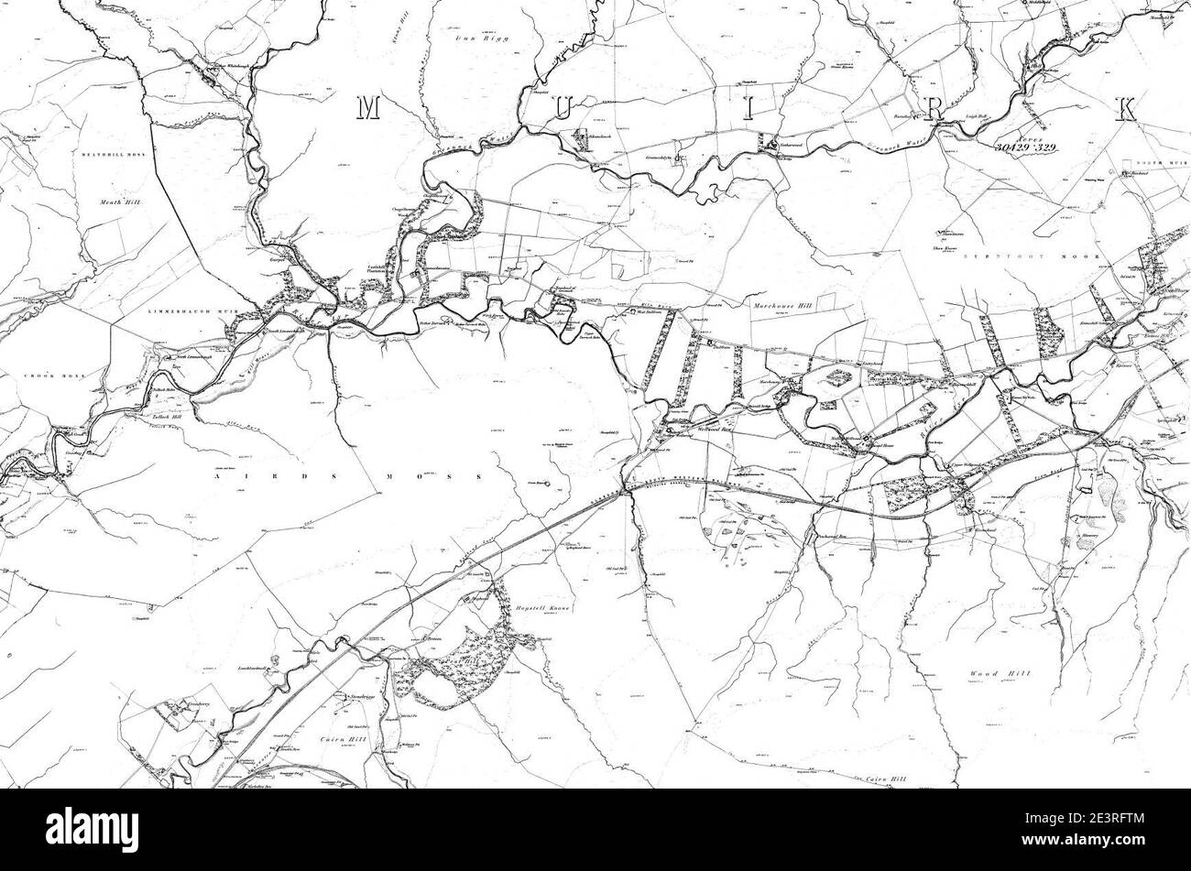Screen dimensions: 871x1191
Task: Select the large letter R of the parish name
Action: tap(934, 109)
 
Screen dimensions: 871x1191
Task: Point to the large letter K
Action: tap(1126, 109)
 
